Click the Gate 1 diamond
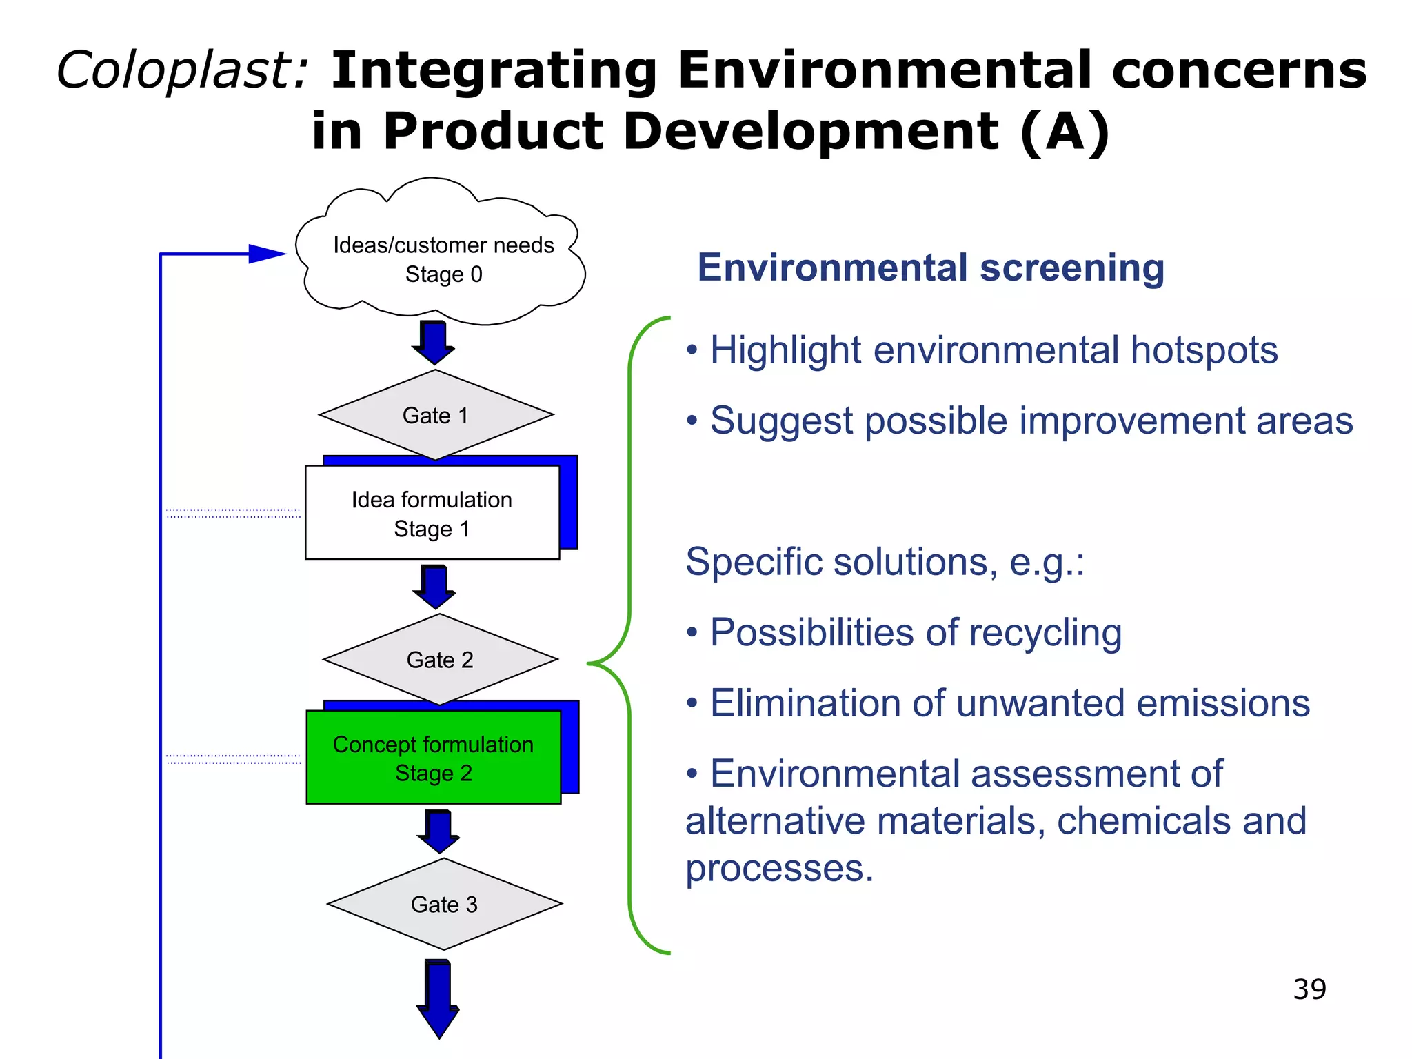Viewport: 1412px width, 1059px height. point(436,415)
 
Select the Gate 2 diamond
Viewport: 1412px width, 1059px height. point(440,660)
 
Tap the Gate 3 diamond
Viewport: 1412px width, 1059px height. point(444,904)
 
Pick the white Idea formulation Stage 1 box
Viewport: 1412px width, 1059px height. point(432,513)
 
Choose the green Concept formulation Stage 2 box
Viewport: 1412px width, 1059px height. point(433,758)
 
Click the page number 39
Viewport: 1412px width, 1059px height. point(1309,989)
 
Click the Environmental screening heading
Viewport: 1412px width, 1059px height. point(931,268)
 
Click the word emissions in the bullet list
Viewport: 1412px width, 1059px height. point(1222,703)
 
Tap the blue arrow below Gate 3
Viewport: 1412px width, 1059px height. point(438,999)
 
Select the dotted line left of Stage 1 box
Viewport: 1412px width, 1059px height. point(233,514)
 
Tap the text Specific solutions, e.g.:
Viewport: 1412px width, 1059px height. point(885,562)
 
